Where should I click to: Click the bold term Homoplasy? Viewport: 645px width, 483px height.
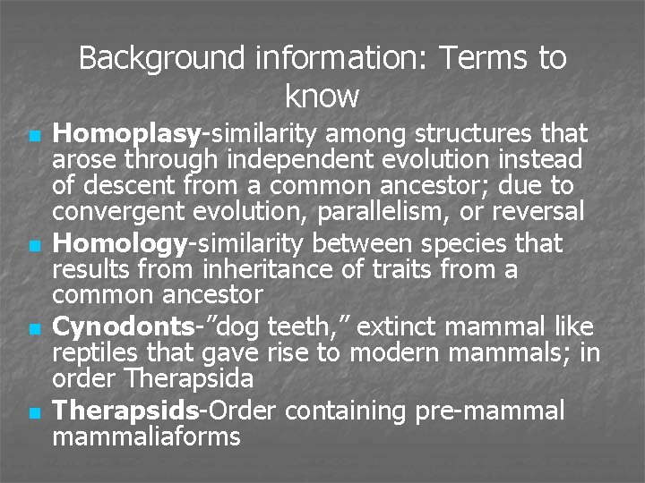(125, 135)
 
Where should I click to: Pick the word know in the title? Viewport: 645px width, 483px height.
(322, 95)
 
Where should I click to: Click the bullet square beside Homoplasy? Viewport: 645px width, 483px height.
(33, 137)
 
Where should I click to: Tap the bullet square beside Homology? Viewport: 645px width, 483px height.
(33, 245)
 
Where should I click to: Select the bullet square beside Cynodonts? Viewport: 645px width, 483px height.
(33, 329)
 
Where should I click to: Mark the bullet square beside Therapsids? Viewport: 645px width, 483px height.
(33, 412)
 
